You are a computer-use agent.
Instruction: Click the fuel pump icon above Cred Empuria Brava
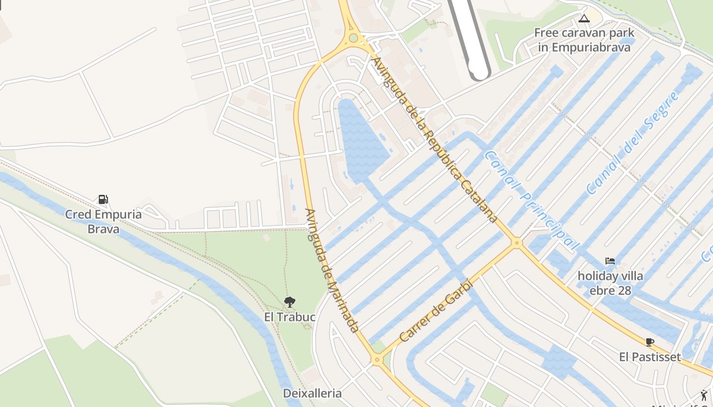103,199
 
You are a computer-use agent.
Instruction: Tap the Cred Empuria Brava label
103,221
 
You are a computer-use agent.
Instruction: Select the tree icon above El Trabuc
289,302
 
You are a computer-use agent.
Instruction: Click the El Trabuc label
290,317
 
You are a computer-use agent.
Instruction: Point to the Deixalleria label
312,393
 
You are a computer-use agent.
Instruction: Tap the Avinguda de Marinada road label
332,271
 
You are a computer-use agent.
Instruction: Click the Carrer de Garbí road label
436,311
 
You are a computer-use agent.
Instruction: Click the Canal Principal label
532,200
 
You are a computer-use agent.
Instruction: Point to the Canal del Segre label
632,143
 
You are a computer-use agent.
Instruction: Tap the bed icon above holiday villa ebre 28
610,261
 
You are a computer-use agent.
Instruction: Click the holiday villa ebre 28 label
610,283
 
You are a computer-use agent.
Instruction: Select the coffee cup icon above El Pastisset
649,342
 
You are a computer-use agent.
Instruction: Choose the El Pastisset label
650,357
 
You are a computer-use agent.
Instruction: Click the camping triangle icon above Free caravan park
584,19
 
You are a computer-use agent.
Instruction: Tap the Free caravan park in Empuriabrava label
582,40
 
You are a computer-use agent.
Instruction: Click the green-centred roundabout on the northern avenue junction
353,38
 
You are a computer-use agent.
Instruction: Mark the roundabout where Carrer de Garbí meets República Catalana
517,243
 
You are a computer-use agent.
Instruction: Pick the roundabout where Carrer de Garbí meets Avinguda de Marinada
377,360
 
